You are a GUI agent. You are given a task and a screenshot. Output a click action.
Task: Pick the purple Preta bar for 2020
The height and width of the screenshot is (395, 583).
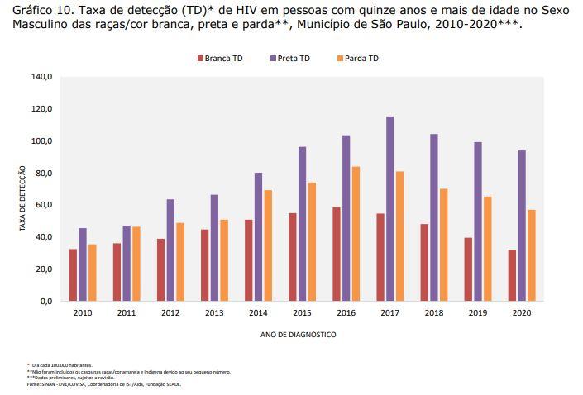[x=522, y=225]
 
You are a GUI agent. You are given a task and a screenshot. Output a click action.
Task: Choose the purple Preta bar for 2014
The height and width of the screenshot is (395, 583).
[x=258, y=236]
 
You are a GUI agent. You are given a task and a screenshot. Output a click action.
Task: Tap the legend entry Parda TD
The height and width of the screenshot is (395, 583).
[x=361, y=59]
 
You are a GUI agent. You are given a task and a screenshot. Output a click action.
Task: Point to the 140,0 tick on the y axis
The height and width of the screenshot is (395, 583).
[x=42, y=77]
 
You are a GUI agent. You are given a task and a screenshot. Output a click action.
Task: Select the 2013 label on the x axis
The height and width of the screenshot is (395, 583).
[x=213, y=313]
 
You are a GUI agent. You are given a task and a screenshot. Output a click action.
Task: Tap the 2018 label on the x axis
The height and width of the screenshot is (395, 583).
[x=434, y=313]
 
